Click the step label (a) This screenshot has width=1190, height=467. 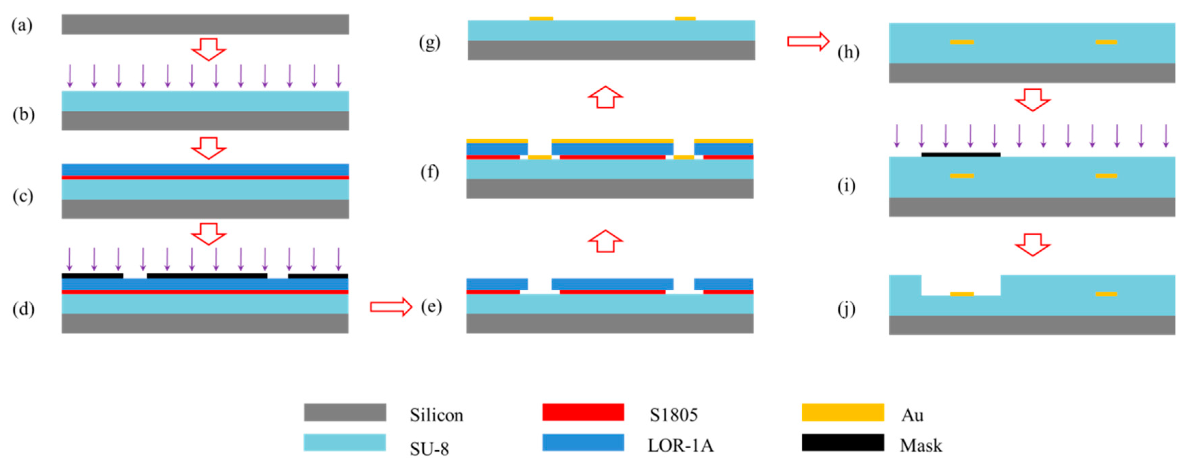(x=22, y=25)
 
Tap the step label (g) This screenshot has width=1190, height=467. (x=429, y=43)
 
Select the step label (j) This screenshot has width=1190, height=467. (x=846, y=309)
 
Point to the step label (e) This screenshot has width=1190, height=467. (x=431, y=306)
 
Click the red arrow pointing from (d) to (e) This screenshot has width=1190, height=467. (x=391, y=307)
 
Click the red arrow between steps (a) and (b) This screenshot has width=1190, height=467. (x=208, y=49)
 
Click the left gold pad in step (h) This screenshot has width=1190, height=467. (x=962, y=42)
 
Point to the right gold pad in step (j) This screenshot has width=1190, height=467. (x=1106, y=294)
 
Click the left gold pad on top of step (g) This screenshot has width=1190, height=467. (x=541, y=18)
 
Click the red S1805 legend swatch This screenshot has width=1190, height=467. (x=583, y=412)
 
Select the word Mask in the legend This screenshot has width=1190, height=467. (x=920, y=445)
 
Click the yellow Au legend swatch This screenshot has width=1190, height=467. (x=843, y=412)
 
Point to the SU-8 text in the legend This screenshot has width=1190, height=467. (x=429, y=449)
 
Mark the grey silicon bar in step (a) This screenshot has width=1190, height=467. (x=205, y=24)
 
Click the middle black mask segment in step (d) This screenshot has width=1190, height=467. (x=207, y=276)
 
